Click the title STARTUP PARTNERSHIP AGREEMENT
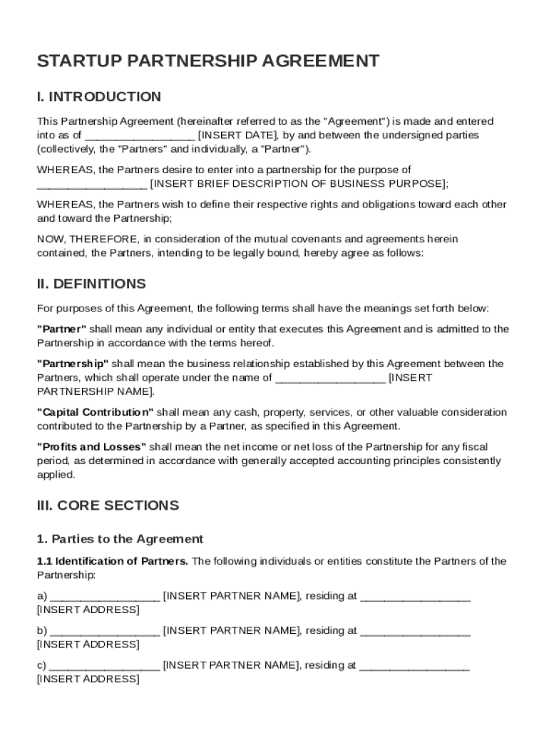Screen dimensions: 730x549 click(x=208, y=61)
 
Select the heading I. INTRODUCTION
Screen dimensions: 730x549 click(x=99, y=97)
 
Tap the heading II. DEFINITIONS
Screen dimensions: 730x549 click(x=91, y=284)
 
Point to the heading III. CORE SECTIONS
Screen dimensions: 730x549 click(x=108, y=505)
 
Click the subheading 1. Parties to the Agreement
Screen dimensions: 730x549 click(x=120, y=539)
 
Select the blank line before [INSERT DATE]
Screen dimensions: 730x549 click(x=140, y=135)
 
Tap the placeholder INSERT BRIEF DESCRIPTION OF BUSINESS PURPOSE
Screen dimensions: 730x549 click(x=299, y=184)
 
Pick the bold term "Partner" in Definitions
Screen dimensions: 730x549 click(x=61, y=329)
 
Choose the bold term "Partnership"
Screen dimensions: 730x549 click(x=73, y=364)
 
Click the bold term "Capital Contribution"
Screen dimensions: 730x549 click(x=95, y=413)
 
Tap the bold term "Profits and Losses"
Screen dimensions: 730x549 click(x=91, y=447)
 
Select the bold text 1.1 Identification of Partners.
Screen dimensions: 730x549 click(x=113, y=561)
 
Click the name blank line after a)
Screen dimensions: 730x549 click(x=105, y=597)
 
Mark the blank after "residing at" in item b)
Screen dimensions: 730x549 click(x=415, y=632)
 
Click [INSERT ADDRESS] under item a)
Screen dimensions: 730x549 click(x=88, y=610)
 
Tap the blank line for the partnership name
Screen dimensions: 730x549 click(x=330, y=379)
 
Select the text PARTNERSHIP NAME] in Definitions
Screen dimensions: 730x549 click(x=95, y=392)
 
